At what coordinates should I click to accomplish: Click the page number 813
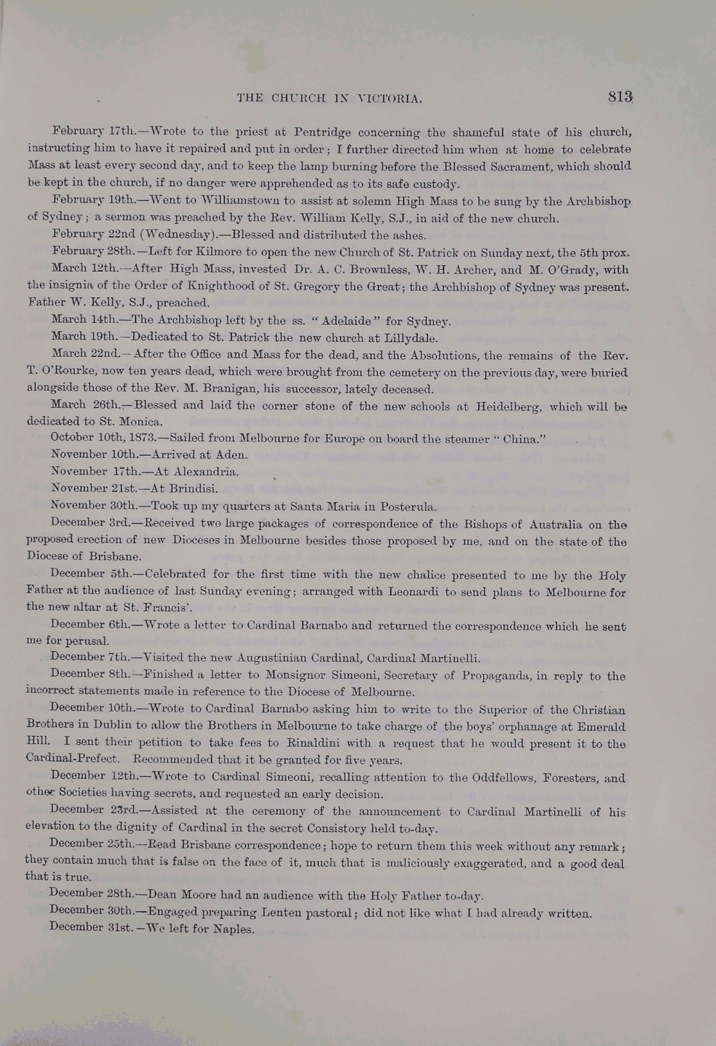621,97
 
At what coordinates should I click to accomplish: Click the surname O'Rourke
64,372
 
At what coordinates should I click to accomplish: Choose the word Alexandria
206,472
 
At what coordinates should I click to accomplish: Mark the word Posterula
407,506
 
